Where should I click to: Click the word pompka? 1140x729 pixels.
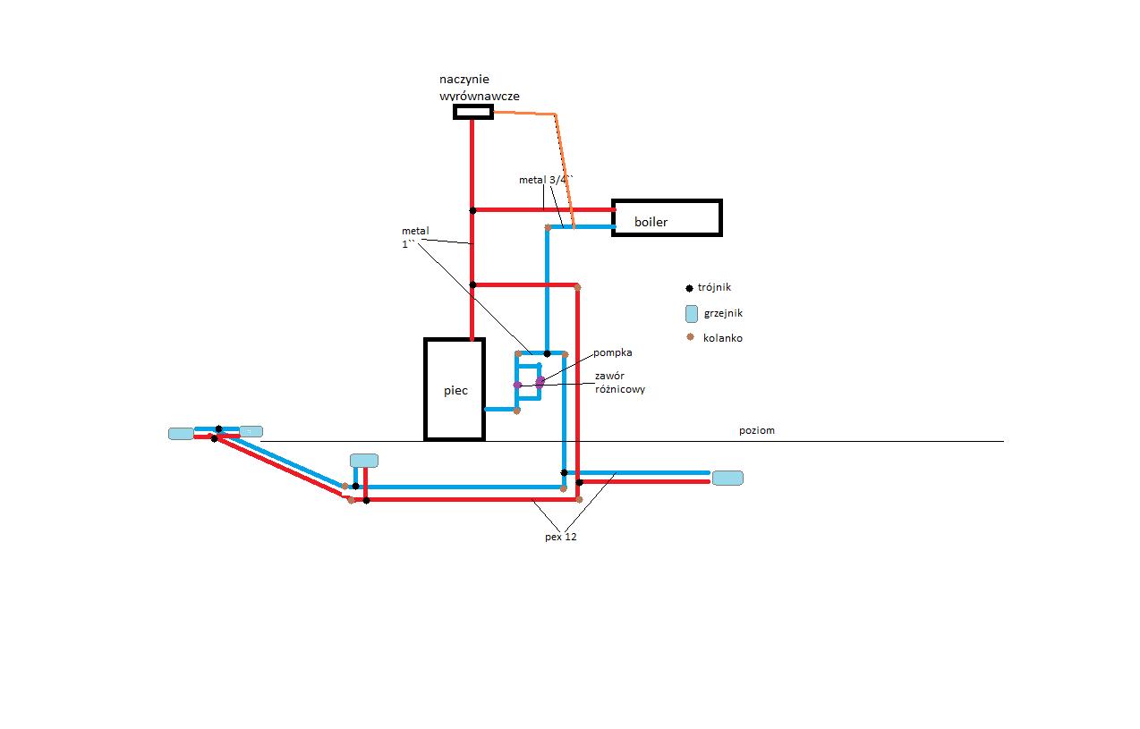point(613,352)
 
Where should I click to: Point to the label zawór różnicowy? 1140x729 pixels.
point(620,383)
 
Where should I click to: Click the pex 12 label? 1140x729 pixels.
point(561,537)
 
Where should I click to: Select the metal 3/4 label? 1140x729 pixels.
point(546,180)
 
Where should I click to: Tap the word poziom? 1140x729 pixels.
point(757,430)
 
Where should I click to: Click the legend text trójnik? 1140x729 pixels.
point(714,287)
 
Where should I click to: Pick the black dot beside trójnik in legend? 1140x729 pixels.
point(690,288)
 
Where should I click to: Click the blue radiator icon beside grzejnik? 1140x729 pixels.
point(691,314)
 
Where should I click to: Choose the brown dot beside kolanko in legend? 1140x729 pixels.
point(690,337)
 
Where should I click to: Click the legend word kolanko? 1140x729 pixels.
point(723,338)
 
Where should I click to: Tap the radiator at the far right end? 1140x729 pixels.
point(727,479)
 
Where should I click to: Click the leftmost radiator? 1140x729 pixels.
point(181,434)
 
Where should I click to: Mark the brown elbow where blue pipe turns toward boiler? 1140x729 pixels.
point(548,227)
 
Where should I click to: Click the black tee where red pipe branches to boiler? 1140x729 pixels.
point(472,210)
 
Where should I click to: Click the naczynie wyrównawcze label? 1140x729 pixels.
point(480,88)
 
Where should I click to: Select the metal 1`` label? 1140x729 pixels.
point(415,238)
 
